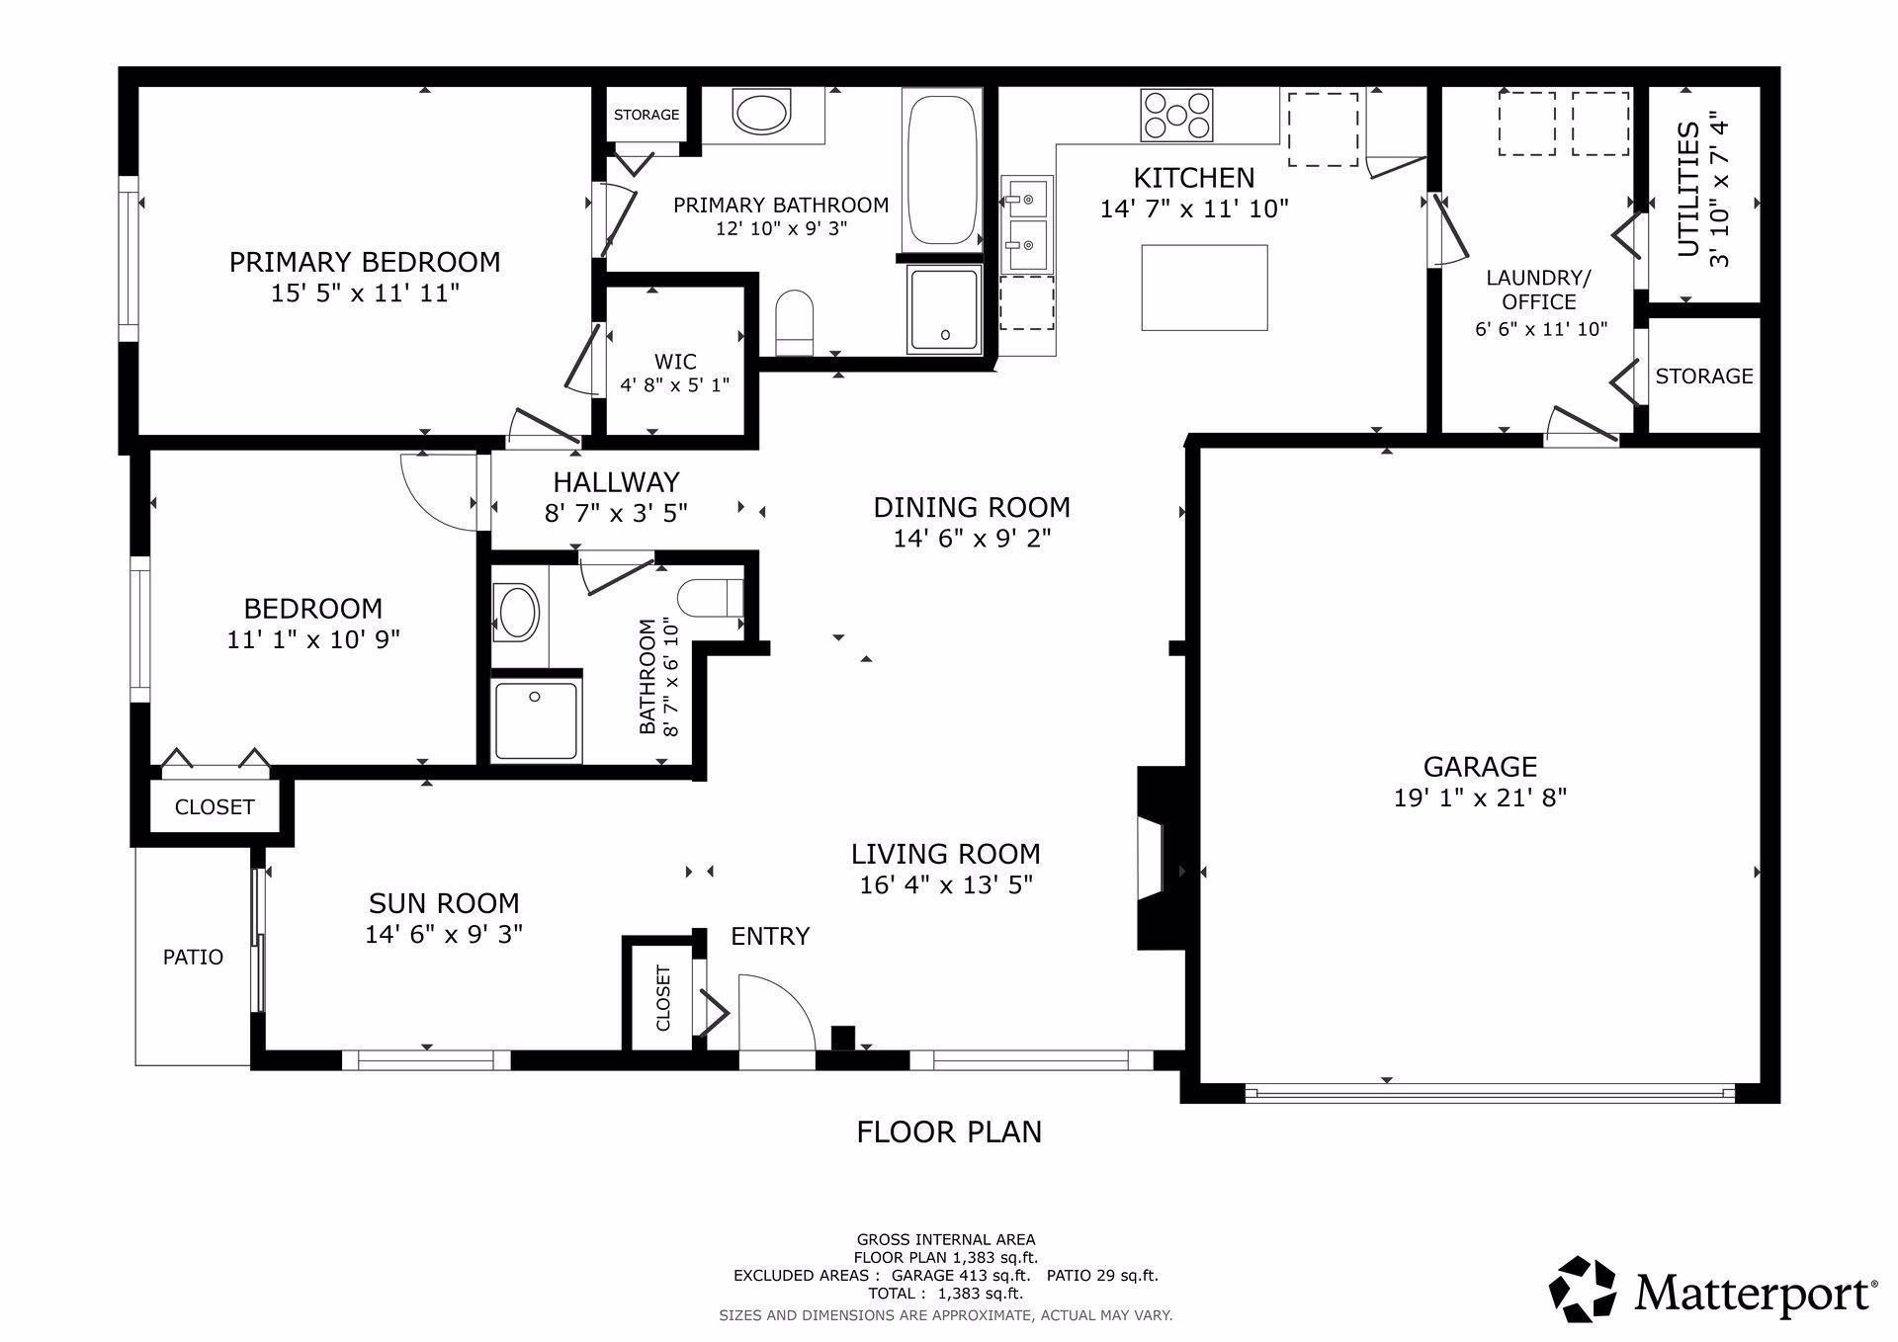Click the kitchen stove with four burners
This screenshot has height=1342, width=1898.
(x=1176, y=115)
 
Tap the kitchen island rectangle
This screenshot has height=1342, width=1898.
(x=1204, y=288)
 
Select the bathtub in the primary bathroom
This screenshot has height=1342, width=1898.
(x=941, y=169)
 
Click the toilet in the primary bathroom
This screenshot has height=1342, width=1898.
(x=794, y=322)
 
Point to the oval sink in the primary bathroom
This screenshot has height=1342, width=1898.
(x=761, y=111)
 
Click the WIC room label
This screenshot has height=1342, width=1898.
(x=675, y=362)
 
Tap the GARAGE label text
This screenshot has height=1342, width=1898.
(x=1480, y=766)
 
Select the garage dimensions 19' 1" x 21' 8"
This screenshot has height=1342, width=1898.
(x=1480, y=797)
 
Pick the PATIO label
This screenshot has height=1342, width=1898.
(x=193, y=957)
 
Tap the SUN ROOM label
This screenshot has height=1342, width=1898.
(x=444, y=902)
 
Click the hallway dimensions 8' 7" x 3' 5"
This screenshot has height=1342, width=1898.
(x=616, y=513)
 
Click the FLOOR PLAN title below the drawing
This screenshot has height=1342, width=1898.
(x=949, y=1132)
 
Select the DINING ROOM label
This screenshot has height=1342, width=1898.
(x=972, y=507)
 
